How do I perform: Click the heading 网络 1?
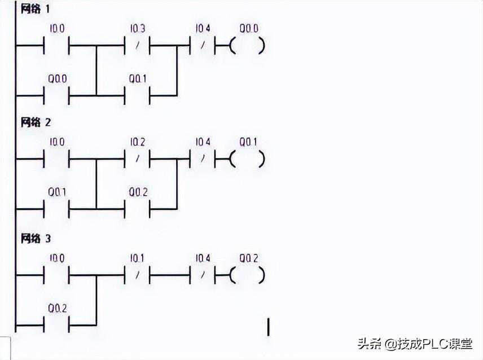(36, 10)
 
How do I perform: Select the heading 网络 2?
(36, 122)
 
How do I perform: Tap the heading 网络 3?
(36, 238)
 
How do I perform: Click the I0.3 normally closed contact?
(137, 45)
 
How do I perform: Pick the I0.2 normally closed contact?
(137, 159)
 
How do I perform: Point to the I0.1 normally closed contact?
(137, 275)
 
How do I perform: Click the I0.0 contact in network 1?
(56, 45)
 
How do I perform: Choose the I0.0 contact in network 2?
(56, 159)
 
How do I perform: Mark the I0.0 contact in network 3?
(56, 275)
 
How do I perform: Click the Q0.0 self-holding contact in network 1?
(56, 95)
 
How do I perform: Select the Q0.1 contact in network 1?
(137, 95)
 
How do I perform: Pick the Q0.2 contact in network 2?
(137, 209)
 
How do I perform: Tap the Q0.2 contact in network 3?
(56, 326)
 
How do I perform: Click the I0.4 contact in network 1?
(203, 45)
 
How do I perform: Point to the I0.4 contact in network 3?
(203, 275)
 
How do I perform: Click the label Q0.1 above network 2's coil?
(248, 142)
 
